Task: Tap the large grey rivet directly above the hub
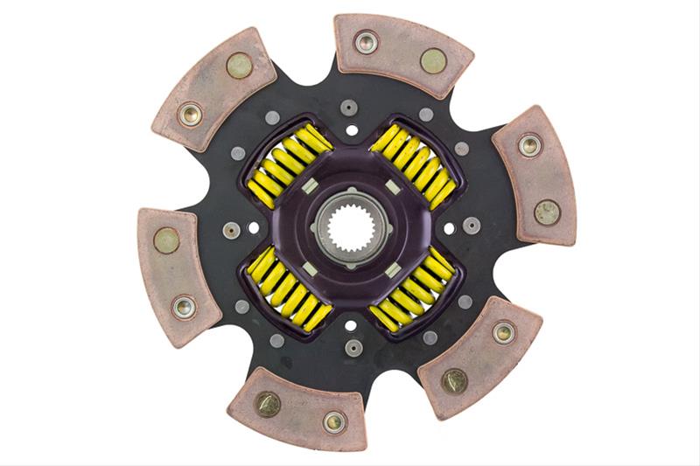pos(351,108)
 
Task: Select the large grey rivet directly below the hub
pos(353,347)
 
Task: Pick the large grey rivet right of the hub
pos(472,225)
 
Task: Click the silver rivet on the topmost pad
pos(366,41)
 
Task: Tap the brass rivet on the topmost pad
pos(433,60)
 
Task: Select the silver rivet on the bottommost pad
pos(333,421)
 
